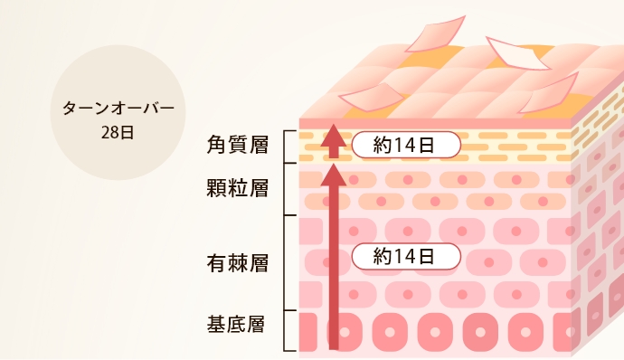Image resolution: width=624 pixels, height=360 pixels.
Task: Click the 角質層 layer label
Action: tap(237, 144)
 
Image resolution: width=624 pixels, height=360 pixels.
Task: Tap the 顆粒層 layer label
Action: tap(237, 189)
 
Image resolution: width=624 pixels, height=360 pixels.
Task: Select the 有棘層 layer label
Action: tap(237, 263)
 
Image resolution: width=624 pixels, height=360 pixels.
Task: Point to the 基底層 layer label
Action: tap(237, 323)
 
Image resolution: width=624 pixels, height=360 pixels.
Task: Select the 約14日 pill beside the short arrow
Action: tap(406, 144)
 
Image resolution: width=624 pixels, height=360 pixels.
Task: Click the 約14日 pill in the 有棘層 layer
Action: tap(406, 256)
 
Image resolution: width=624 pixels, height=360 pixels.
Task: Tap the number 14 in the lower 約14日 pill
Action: tap(410, 256)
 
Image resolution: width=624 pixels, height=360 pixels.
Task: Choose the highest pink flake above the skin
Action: tap(436, 33)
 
